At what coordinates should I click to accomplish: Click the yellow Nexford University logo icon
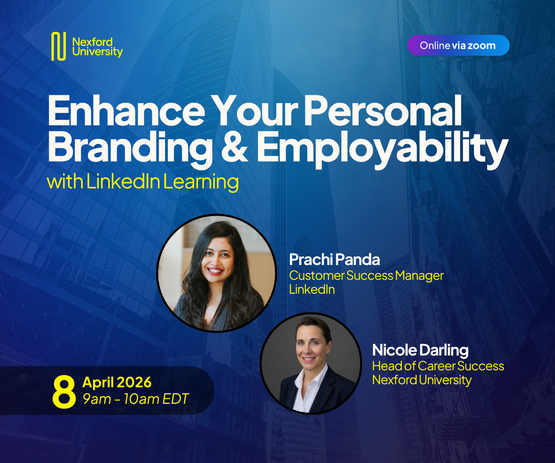58,46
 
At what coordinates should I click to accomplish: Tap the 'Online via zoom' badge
458,45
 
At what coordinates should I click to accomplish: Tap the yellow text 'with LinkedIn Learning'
143,181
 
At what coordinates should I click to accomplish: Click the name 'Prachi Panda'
334,260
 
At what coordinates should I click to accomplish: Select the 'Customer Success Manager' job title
366,275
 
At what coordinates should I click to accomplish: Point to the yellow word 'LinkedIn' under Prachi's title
312,289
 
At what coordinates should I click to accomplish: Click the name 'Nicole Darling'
420,350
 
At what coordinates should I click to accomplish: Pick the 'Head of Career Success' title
438,366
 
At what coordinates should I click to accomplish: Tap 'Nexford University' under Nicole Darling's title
421,380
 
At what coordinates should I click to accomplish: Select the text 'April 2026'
117,382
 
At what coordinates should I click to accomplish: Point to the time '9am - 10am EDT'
136,399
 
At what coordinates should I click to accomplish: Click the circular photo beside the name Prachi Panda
217,273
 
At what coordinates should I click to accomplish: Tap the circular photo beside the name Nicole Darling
311,363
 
